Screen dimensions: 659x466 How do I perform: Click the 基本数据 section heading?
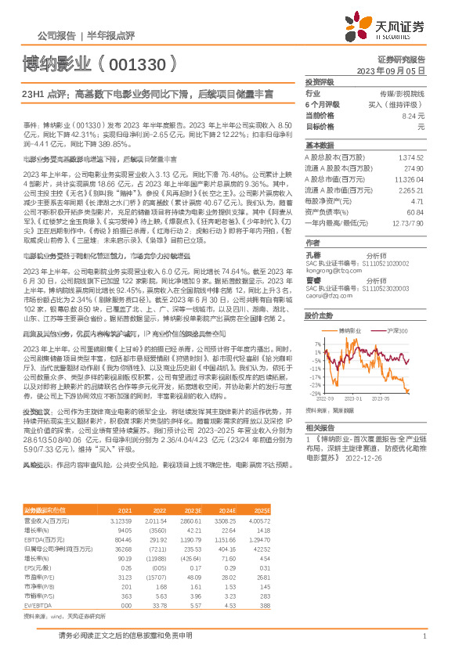[x=320, y=146]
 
